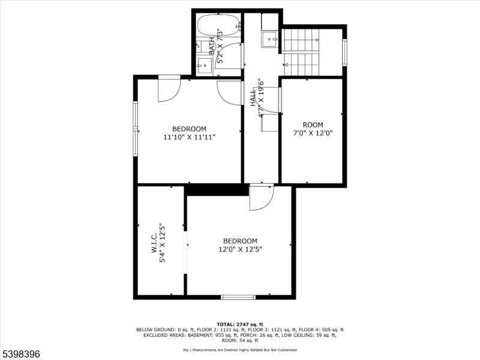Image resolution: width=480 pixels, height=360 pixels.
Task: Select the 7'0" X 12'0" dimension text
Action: [313, 133]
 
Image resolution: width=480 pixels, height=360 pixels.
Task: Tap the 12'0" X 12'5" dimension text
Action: [240, 249]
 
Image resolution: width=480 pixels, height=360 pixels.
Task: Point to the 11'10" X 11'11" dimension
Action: [189, 137]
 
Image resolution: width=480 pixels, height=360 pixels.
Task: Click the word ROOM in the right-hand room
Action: [313, 125]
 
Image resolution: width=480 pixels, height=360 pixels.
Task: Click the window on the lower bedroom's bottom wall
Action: [238, 296]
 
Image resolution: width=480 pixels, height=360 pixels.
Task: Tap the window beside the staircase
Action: [344, 52]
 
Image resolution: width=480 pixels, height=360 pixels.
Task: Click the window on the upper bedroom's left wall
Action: [136, 128]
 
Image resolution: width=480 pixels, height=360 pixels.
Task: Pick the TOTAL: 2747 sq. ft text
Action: [240, 324]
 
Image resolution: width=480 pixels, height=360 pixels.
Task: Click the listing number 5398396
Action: [21, 354]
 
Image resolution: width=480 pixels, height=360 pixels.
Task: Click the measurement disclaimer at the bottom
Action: [240, 349]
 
